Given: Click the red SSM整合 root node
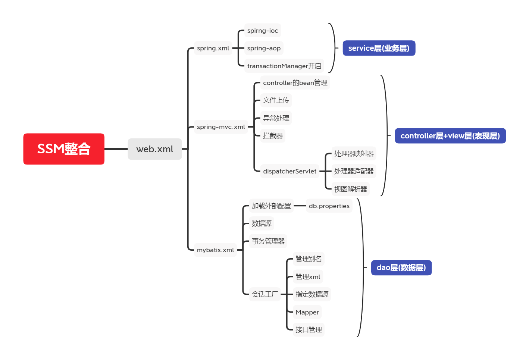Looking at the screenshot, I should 64,149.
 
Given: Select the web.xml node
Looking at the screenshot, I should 155,149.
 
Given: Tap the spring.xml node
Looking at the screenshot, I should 213,48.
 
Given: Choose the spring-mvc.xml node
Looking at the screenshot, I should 221,127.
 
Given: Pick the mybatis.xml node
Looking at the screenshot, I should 215,250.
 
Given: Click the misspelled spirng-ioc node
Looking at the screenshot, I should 263,31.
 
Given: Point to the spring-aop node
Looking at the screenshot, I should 264,48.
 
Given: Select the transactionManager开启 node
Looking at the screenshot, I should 284,66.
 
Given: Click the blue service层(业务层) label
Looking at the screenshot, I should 379,48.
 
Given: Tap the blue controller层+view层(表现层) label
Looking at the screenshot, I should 450,136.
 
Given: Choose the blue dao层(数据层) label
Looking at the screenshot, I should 401,267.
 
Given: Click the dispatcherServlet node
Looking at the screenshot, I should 289,171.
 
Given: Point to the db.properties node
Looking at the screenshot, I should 329,206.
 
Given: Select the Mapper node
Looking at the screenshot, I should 307,312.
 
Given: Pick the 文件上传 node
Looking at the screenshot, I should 276,100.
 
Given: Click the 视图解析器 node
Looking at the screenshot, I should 351,189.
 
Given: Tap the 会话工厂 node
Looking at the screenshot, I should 265,294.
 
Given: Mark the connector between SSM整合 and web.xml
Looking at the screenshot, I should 116,149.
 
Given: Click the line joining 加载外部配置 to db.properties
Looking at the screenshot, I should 300,206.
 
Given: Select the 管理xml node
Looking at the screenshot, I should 308,277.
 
